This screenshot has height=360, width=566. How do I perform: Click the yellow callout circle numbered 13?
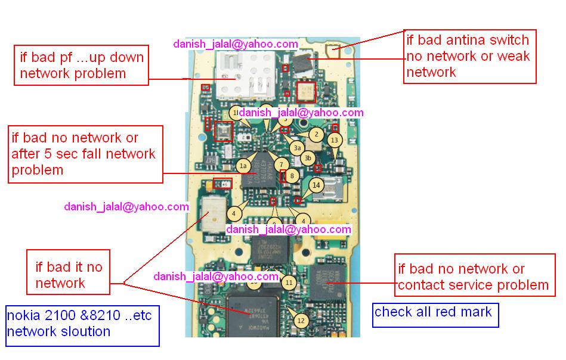(334, 140)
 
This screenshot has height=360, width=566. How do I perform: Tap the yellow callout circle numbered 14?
(316, 185)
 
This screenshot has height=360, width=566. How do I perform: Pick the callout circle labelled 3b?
(308, 158)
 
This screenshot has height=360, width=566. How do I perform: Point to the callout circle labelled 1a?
(243, 166)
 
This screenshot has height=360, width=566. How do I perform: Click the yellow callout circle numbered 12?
(301, 321)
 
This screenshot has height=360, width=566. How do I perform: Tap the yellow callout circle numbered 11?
(289, 283)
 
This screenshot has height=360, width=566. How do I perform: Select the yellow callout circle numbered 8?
(291, 176)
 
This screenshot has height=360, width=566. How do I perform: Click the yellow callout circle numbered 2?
(316, 135)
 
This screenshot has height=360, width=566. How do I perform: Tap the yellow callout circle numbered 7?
(282, 164)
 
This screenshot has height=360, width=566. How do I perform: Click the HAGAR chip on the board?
(262, 170)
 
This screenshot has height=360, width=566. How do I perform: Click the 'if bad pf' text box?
(82, 66)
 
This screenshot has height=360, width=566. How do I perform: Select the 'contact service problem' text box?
(474, 277)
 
